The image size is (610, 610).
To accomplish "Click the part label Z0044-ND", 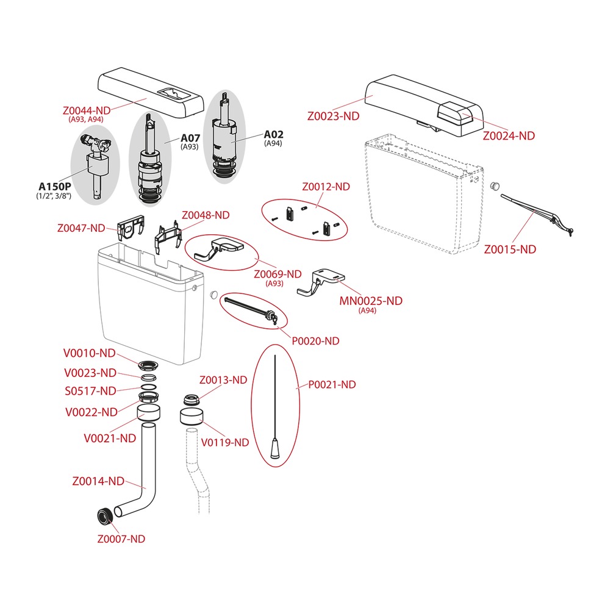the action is click(x=87, y=110).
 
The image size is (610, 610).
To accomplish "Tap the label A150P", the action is click(x=54, y=186).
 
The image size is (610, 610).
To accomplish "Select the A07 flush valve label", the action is click(x=190, y=138).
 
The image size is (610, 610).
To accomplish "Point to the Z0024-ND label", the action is click(x=509, y=136).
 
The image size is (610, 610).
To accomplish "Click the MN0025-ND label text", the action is click(x=371, y=301).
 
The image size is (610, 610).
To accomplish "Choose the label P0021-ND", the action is click(x=332, y=384).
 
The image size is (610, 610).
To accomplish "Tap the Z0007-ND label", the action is click(x=121, y=539).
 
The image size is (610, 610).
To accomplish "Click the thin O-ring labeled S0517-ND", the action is click(x=148, y=387).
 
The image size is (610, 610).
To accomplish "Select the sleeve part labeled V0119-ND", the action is click(x=192, y=417).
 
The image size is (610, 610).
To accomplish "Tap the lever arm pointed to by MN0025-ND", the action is click(x=321, y=282).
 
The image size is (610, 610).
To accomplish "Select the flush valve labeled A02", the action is click(x=224, y=136).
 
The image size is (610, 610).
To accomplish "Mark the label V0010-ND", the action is click(x=89, y=353).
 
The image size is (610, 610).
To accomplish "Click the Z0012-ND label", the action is click(x=326, y=187).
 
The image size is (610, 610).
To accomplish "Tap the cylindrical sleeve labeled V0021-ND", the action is click(x=149, y=412).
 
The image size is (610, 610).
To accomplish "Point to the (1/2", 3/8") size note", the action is click(x=54, y=196).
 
